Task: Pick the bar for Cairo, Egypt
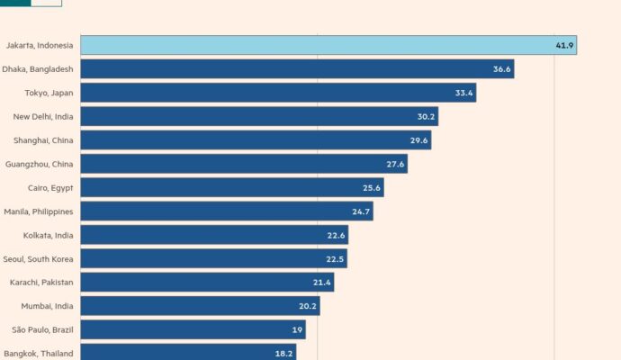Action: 225,187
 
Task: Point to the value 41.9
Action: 564,45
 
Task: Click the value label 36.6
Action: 501,69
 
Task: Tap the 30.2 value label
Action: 426,116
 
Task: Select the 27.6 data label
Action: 395,164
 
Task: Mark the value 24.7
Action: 361,211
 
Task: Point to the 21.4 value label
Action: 321,283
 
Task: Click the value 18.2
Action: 283,354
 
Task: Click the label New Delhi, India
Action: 43,116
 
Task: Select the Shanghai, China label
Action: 43,140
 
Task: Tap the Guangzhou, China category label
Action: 40,164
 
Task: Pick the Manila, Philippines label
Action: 39,211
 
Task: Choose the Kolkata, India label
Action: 49,235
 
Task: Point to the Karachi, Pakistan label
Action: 41,283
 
